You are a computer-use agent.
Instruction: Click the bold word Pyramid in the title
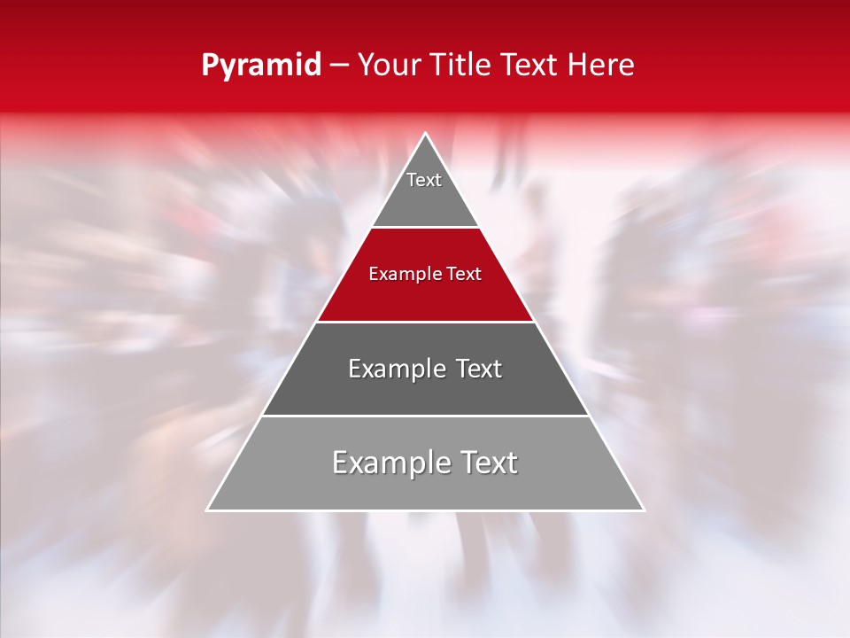click(x=260, y=66)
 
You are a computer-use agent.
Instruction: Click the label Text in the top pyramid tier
click(x=424, y=180)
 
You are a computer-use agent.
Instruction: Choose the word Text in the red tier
click(x=465, y=274)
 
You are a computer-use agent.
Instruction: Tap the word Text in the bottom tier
click(x=485, y=463)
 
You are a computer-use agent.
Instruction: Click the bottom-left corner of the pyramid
click(x=207, y=510)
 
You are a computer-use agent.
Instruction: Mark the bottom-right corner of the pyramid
click(x=644, y=510)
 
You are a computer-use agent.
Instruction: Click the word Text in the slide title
click(x=531, y=66)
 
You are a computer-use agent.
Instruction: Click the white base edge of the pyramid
click(x=425, y=510)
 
